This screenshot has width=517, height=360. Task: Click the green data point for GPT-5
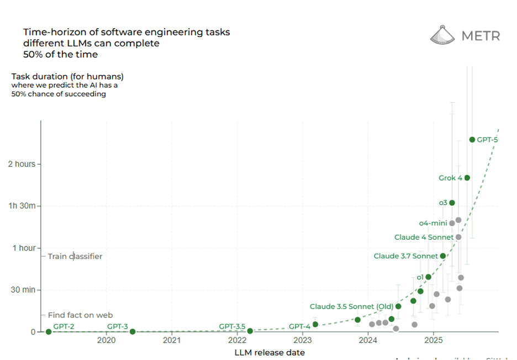coord(472,140)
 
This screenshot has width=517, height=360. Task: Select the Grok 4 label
coord(450,178)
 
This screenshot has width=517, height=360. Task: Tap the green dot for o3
coord(452,203)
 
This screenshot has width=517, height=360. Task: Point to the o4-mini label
coord(432,223)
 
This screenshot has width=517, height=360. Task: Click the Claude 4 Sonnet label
coord(424,237)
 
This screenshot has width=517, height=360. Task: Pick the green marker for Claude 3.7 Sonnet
coord(442,256)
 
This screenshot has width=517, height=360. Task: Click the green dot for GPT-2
coord(49,332)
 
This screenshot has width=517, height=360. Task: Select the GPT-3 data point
coord(133,332)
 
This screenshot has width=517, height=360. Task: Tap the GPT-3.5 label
coord(232,326)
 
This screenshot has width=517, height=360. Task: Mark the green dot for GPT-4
coord(315,324)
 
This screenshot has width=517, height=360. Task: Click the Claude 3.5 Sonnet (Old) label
coord(351,306)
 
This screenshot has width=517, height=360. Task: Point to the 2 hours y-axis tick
coord(22,164)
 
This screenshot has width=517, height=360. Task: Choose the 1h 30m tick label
coord(22,206)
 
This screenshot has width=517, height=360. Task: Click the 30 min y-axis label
coord(22,290)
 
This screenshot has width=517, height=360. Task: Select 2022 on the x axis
coord(238,341)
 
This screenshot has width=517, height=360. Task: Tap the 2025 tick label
coord(433,341)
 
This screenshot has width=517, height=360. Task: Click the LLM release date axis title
coord(269,352)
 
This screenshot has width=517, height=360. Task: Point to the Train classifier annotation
coord(75,256)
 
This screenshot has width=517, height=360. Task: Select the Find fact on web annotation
coord(80,315)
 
